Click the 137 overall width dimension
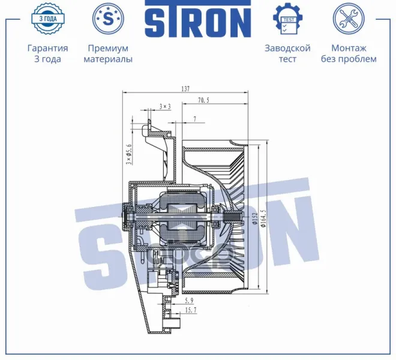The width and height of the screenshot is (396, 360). click(185, 89)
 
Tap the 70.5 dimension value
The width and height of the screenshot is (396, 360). click(203, 100)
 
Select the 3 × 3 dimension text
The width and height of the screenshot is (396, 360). click(165, 106)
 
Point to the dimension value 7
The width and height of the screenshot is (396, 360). click(195, 119)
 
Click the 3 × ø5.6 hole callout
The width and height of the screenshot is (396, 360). click(129, 154)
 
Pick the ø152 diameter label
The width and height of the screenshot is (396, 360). click(256, 219)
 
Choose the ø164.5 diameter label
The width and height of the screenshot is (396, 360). click(264, 218)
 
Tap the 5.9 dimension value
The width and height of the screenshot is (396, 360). click(189, 301)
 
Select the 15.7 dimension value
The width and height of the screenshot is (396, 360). click(191, 310)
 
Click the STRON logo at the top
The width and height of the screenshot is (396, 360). click(198, 19)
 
